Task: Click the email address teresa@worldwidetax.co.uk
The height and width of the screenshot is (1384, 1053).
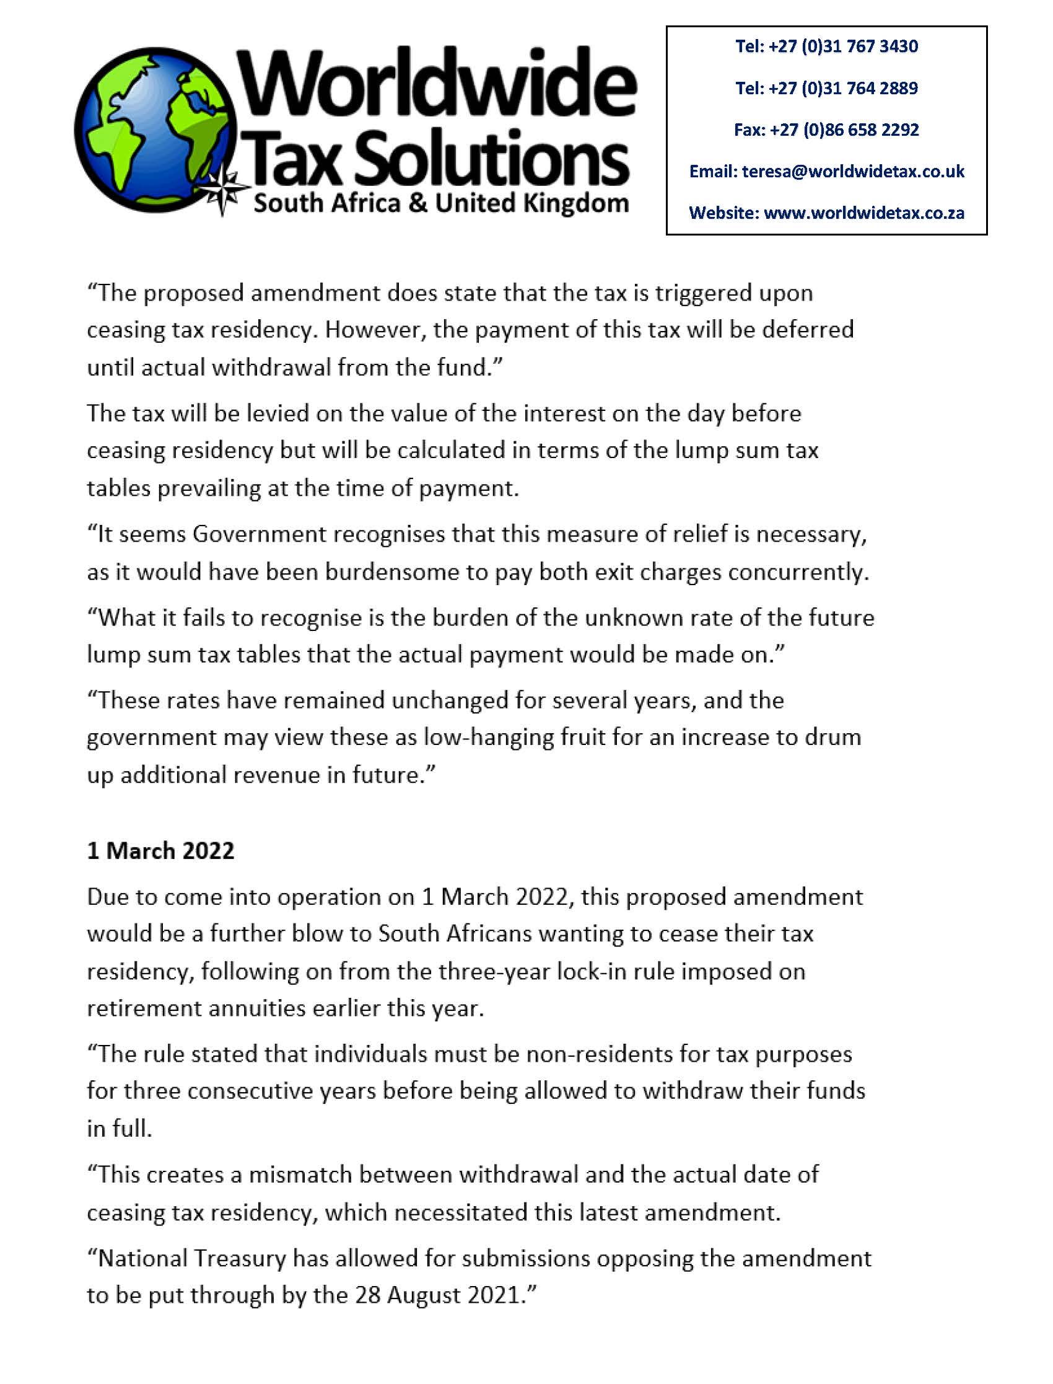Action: pos(853,171)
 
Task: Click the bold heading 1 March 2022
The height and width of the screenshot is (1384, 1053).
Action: pos(160,850)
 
